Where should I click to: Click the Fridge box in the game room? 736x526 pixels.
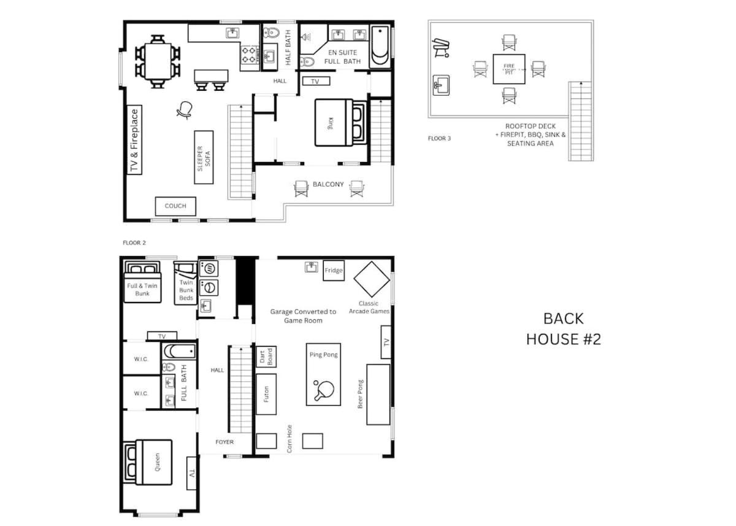(334, 271)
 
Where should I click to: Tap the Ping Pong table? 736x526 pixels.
(323, 374)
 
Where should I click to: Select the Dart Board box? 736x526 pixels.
(266, 357)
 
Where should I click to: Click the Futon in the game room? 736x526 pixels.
(266, 394)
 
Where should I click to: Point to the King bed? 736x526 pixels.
(340, 123)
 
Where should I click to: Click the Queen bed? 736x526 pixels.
(148, 462)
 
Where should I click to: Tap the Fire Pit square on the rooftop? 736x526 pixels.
(509, 69)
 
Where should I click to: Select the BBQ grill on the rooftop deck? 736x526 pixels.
(440, 48)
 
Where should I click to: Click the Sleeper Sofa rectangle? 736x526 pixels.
(204, 157)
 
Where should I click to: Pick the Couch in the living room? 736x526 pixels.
(175, 206)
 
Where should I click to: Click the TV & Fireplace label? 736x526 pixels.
(134, 140)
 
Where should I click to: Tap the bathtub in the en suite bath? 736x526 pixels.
(380, 46)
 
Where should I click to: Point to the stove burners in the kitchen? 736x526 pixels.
(249, 55)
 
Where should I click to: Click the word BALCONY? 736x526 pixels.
(328, 184)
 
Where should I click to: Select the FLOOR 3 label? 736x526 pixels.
(439, 138)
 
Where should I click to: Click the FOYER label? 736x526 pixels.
(224, 442)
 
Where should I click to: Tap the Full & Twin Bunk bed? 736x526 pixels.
(142, 282)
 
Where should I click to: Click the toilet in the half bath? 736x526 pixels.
(271, 33)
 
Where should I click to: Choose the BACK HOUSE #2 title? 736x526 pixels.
(564, 329)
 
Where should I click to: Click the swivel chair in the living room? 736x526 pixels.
(185, 110)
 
